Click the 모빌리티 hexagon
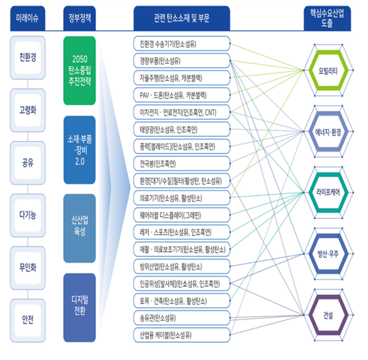pyautogui.click(x=329, y=70)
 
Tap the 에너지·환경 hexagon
pyautogui.click(x=329, y=131)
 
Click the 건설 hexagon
pyautogui.click(x=329, y=315)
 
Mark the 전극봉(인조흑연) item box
pyautogui.click(x=181, y=163)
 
